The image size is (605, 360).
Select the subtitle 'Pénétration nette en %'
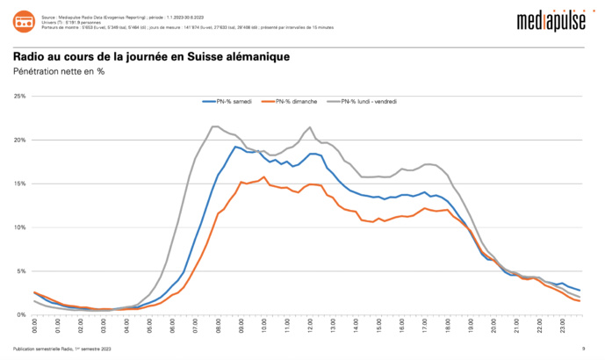[x=59, y=71]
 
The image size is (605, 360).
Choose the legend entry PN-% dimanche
[x=293, y=102]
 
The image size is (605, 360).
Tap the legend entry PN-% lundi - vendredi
[x=368, y=102]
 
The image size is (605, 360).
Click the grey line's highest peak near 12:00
[x=310, y=127]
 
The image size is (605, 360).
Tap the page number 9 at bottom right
[x=583, y=349]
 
